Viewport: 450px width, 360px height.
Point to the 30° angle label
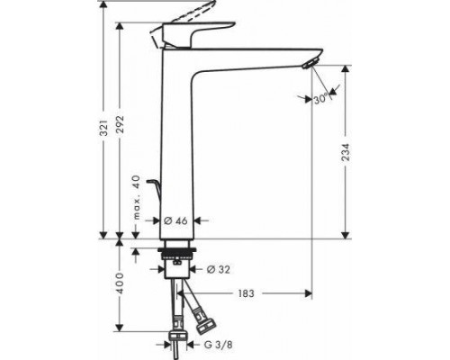pos(321,100)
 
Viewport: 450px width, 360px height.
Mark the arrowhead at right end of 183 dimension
pos(308,293)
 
